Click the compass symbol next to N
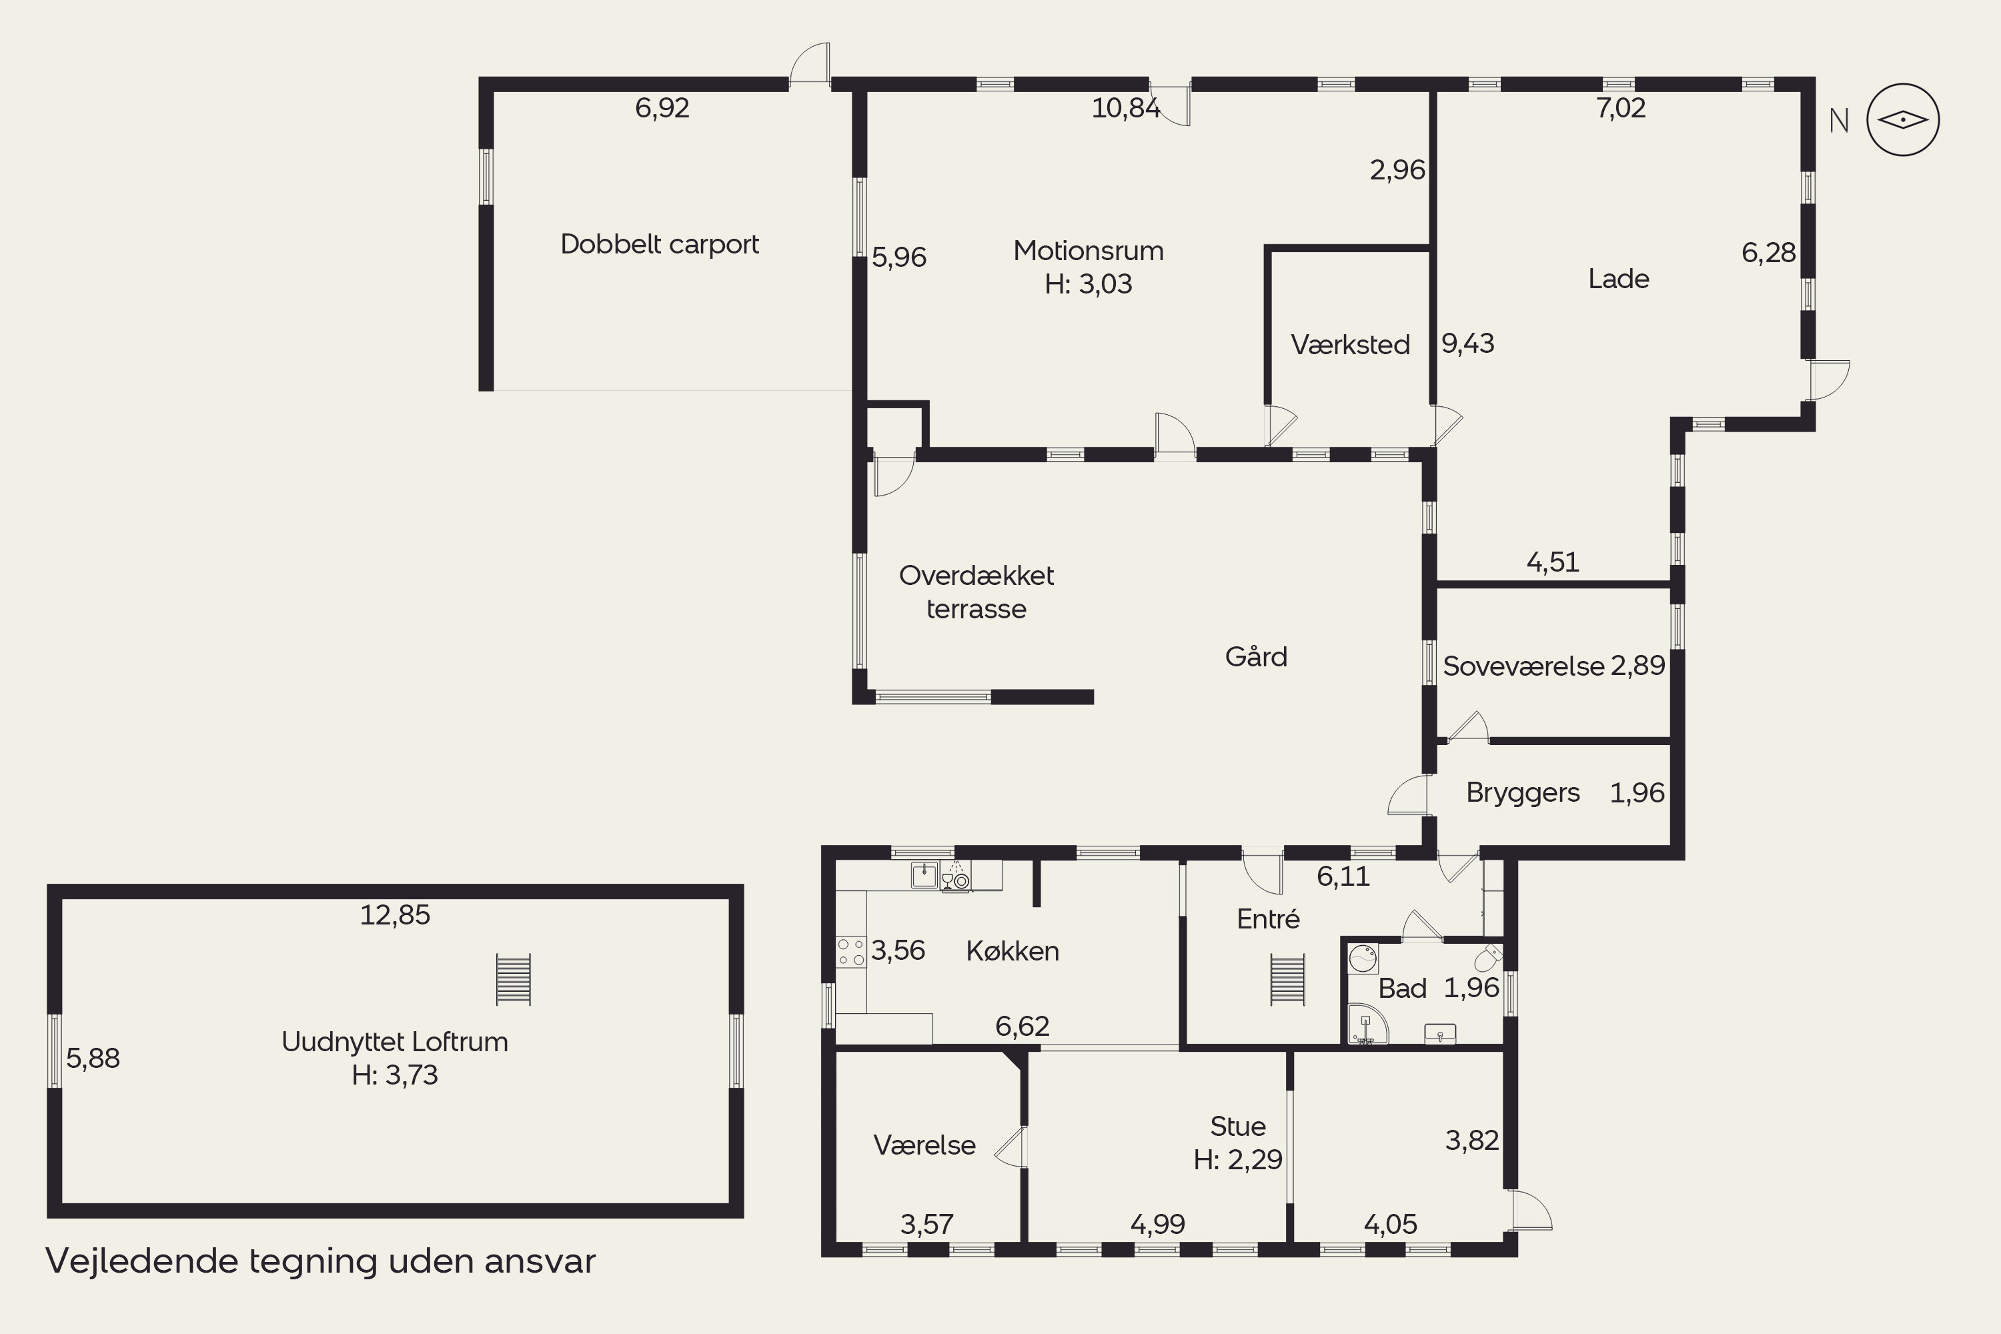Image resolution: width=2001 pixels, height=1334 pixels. (1902, 120)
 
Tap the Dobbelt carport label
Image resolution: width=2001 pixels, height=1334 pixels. (660, 244)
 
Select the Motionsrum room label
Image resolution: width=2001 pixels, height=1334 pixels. (1088, 250)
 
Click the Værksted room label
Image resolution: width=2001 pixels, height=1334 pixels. (1350, 345)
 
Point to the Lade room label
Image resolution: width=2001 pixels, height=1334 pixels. (1618, 278)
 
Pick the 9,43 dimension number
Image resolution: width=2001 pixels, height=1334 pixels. (1467, 343)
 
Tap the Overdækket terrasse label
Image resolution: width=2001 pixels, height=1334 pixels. (976, 592)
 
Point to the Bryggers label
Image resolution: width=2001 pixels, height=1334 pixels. (1522, 792)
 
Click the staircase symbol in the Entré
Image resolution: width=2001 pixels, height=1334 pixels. (1287, 980)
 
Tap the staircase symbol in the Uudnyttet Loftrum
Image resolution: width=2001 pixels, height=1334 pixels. (513, 979)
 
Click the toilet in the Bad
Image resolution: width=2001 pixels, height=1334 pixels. (1489, 957)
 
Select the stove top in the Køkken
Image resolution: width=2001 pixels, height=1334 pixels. (851, 952)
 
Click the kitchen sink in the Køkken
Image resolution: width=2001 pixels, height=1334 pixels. (924, 874)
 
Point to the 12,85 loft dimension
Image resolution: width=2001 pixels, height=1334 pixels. (395, 914)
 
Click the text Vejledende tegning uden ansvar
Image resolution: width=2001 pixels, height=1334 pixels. (320, 1261)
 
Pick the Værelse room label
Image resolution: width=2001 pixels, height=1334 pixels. (924, 1145)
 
